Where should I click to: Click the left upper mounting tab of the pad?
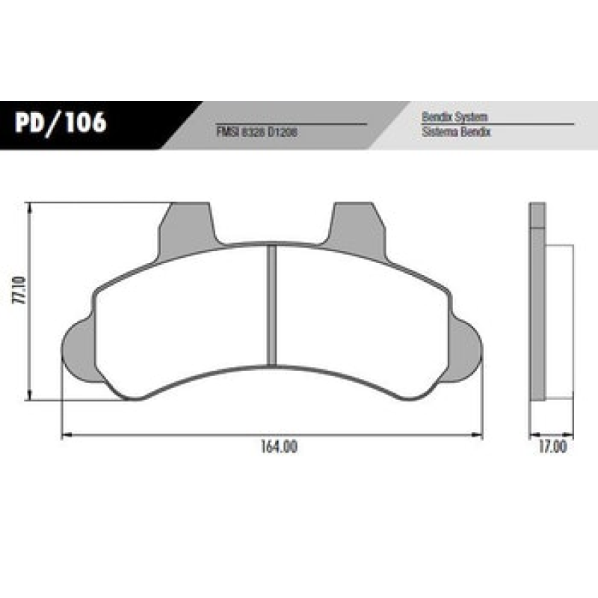coord(187,224)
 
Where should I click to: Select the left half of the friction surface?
coord(179,314)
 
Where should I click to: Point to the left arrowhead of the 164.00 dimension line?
coord(65,434)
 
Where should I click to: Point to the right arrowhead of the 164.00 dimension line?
coord(479,434)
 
